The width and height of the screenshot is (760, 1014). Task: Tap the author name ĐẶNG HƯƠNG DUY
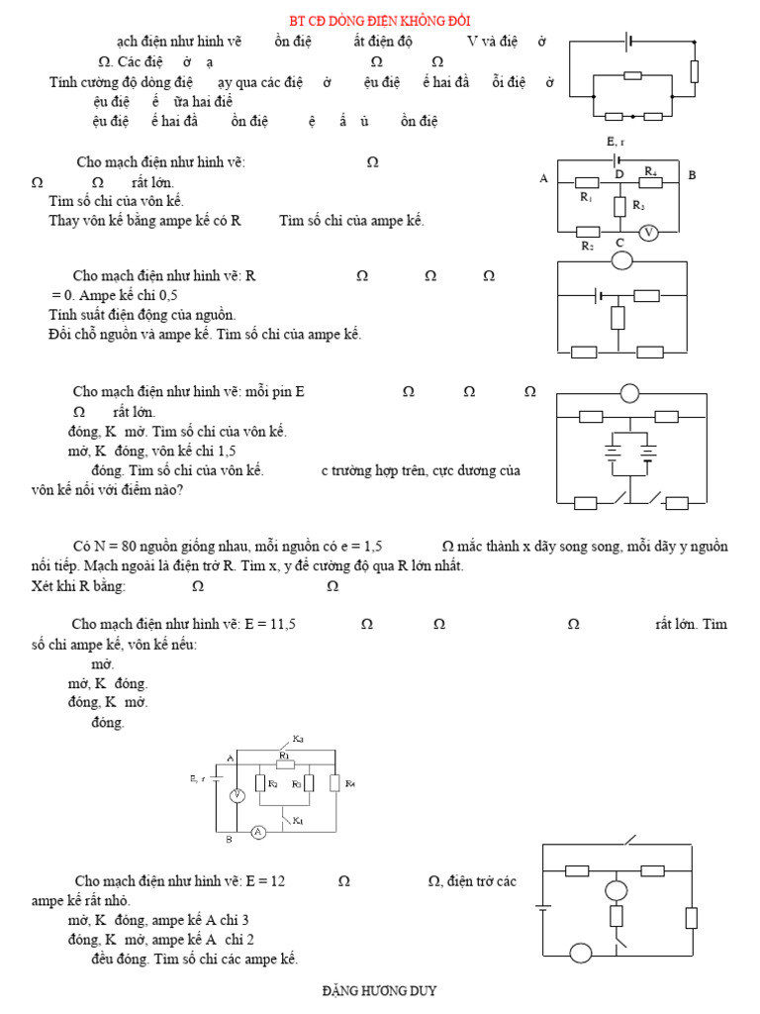(380, 991)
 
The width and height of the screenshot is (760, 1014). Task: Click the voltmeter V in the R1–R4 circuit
(649, 232)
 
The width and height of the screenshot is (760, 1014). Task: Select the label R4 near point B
(651, 171)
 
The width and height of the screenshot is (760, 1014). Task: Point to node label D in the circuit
(619, 174)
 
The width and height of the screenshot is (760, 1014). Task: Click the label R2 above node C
(588, 245)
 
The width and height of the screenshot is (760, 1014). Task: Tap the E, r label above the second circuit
(616, 143)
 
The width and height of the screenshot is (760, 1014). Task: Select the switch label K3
(298, 740)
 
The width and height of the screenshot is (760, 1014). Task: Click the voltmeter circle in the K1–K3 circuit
(237, 795)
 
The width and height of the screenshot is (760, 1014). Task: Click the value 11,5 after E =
(283, 624)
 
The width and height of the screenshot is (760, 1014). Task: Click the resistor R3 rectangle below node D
(618, 206)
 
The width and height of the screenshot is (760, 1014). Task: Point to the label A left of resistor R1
(543, 179)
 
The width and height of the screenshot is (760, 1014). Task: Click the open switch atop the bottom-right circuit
(629, 843)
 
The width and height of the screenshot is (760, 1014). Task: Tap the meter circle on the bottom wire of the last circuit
(580, 953)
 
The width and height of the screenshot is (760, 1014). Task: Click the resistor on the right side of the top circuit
(695, 70)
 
